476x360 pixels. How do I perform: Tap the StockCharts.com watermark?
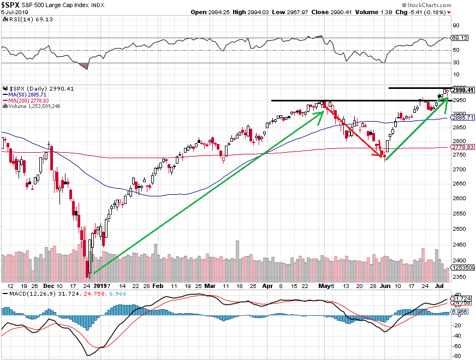click(447, 4)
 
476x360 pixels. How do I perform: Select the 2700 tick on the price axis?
click(459, 170)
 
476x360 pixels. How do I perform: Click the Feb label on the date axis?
click(158, 285)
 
